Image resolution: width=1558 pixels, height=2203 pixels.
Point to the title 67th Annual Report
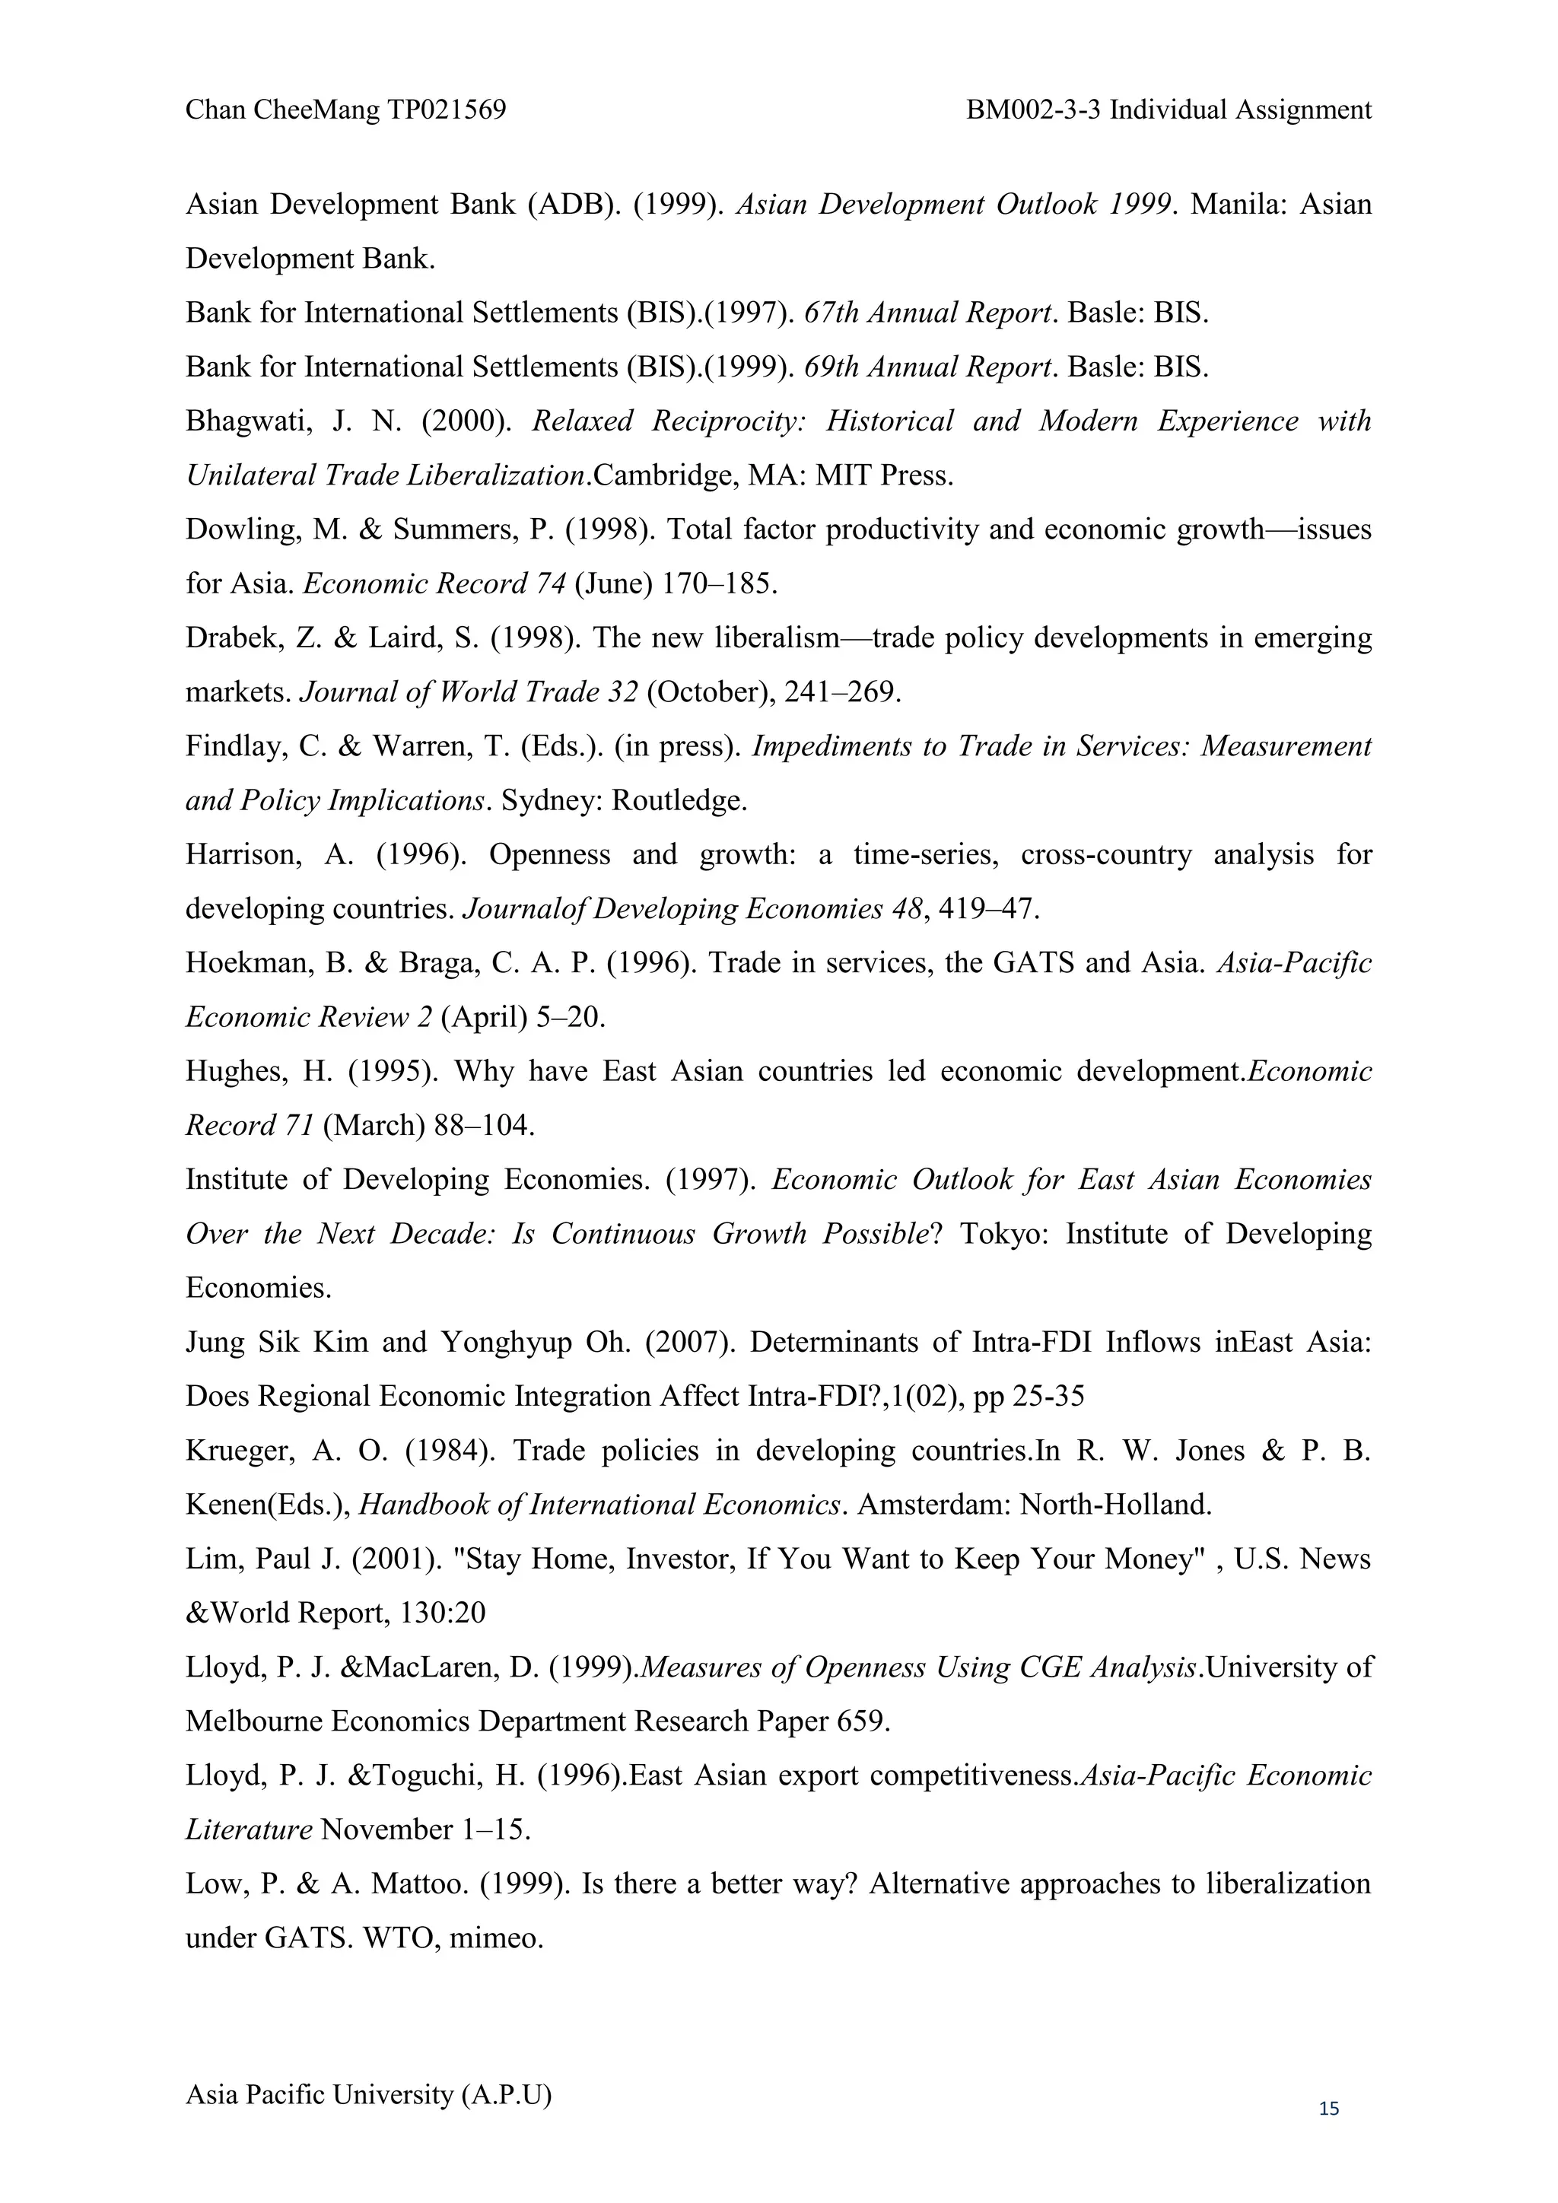pyautogui.click(x=929, y=313)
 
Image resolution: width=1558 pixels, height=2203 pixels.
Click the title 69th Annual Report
pyautogui.click(x=929, y=367)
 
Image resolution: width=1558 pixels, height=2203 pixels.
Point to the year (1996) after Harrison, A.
pyautogui.click(x=420, y=855)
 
